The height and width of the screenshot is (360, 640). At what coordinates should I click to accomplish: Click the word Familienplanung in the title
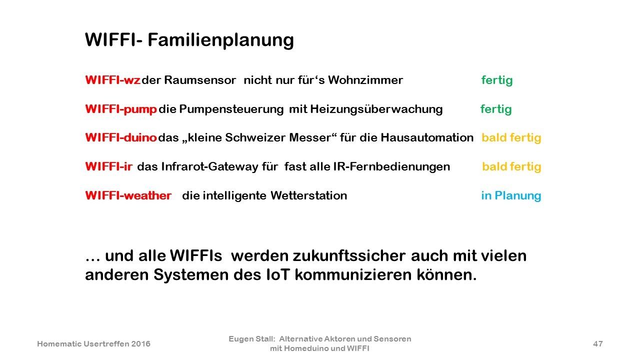[x=220, y=40]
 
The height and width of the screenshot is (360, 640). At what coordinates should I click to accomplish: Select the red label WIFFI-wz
[x=112, y=80]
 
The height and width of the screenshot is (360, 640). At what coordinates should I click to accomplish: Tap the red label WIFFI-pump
[x=121, y=109]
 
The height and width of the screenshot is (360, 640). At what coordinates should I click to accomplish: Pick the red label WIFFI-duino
[x=121, y=137]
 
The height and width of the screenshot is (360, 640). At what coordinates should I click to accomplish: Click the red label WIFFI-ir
[x=109, y=166]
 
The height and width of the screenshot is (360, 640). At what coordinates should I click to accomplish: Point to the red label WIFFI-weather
[x=128, y=195]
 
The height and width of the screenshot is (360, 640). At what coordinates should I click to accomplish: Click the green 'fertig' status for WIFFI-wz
[x=497, y=80]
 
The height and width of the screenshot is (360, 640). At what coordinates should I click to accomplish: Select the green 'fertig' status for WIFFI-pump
[x=496, y=109]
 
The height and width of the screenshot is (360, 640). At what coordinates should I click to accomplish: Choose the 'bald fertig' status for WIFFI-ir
[x=511, y=167]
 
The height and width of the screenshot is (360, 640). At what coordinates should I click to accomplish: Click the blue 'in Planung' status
[x=511, y=196]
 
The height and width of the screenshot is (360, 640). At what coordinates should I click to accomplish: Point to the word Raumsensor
[x=200, y=80]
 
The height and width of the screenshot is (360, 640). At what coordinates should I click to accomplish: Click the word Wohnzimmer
[x=365, y=80]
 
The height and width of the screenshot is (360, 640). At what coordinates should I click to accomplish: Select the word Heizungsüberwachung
[x=376, y=109]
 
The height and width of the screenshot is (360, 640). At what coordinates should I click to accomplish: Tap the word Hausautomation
[x=427, y=137]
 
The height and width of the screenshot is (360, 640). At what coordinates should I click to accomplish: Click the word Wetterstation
[x=309, y=195]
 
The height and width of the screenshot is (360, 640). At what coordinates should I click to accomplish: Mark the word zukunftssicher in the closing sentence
[x=349, y=255]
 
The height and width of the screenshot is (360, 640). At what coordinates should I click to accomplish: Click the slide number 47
[x=598, y=343]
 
